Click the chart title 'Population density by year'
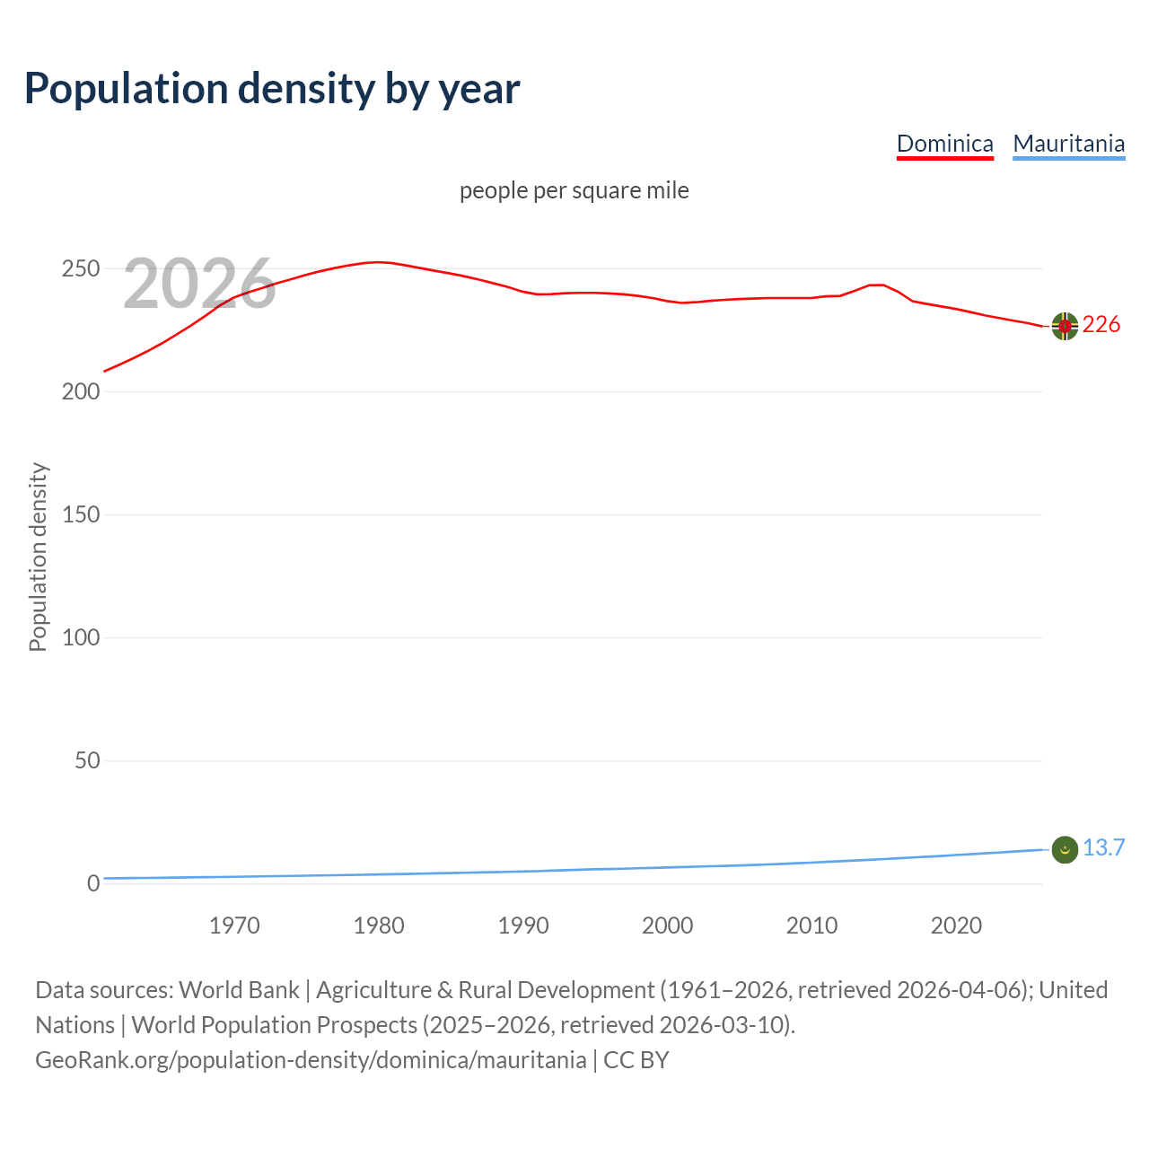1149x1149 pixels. click(x=272, y=88)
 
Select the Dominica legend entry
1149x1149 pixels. click(x=944, y=144)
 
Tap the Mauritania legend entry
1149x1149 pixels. click(x=1068, y=144)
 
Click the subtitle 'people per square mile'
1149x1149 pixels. click(x=574, y=190)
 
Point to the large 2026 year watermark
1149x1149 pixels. click(x=199, y=284)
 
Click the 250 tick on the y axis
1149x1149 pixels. click(x=81, y=269)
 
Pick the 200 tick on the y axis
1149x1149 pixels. click(x=81, y=392)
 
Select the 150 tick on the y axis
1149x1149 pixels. click(x=81, y=515)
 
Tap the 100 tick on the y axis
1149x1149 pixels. click(x=81, y=638)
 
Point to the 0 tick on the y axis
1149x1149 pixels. click(x=93, y=884)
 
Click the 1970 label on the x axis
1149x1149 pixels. click(x=234, y=925)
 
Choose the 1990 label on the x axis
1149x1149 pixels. click(x=523, y=925)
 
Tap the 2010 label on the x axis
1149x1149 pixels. click(x=811, y=925)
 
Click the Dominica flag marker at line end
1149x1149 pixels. click(x=1065, y=327)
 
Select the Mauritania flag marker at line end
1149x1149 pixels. click(x=1065, y=849)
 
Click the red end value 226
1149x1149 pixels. click(x=1101, y=325)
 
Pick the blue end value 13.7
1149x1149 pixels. click(x=1103, y=848)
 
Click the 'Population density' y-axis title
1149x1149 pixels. click(x=38, y=557)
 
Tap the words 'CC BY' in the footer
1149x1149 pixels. click(x=636, y=1060)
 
